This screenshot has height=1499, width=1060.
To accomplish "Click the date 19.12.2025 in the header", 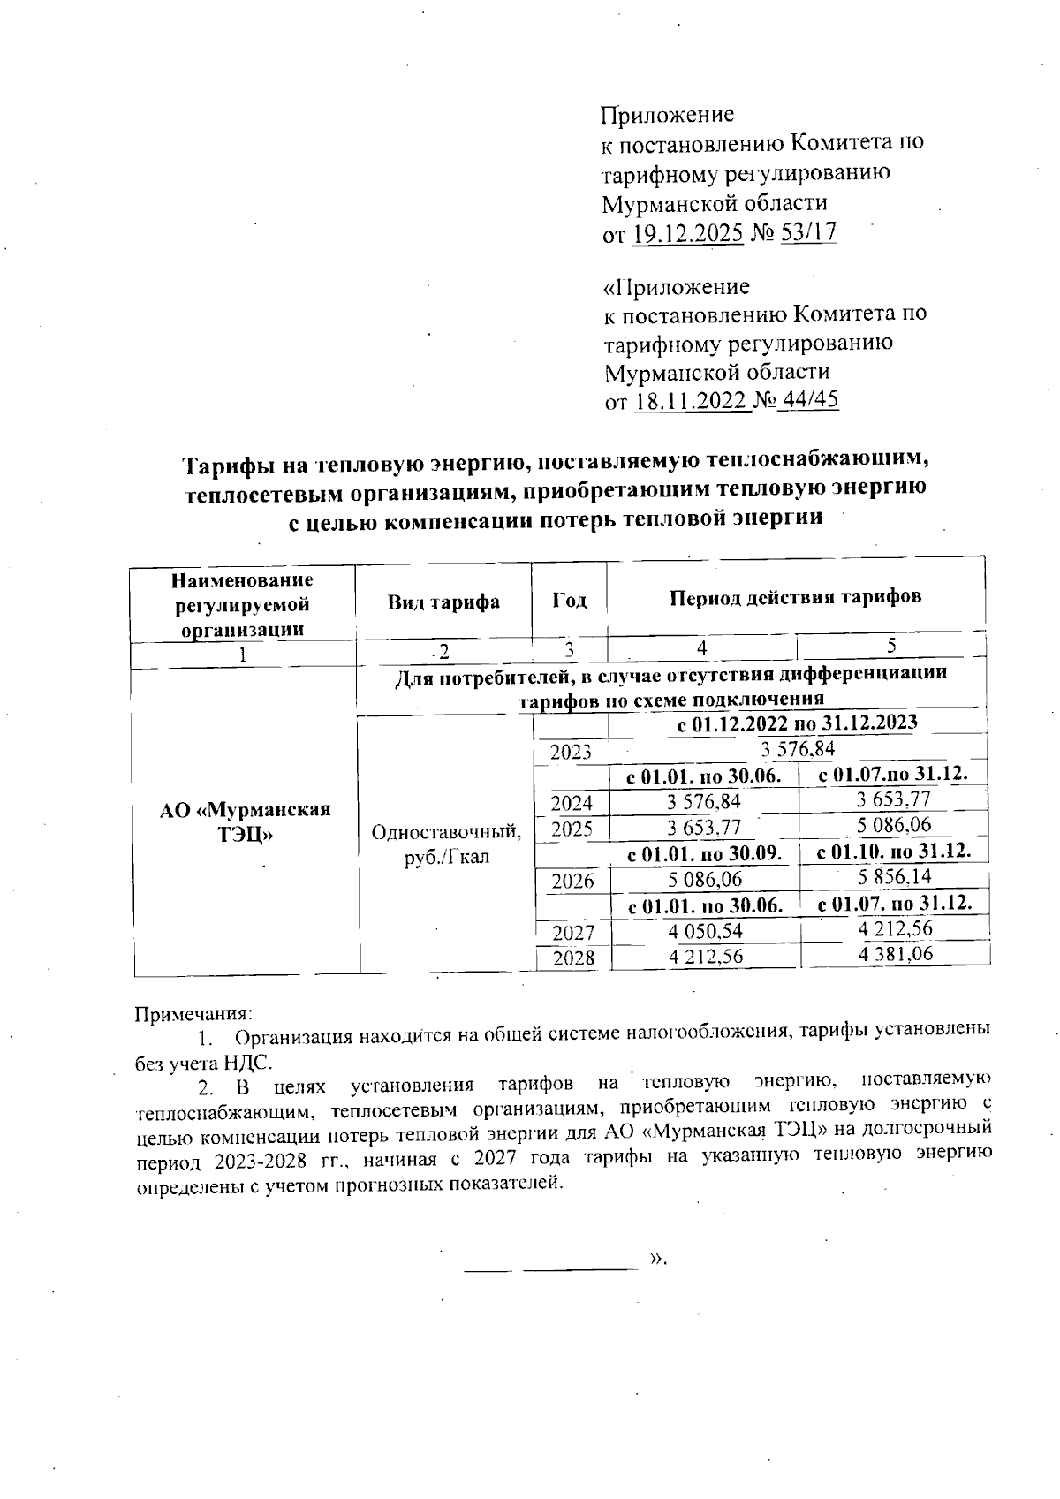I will click(688, 233).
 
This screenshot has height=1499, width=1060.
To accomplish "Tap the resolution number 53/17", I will click(806, 233).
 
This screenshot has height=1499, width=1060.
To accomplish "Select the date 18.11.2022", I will click(691, 402).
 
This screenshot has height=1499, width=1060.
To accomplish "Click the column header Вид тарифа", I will click(443, 602).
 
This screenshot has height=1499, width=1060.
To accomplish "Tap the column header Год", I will click(570, 601).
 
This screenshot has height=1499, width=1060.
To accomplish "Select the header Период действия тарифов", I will click(795, 596).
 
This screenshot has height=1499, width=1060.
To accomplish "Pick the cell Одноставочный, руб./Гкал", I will click(446, 844).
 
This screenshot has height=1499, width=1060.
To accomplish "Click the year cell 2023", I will click(572, 753).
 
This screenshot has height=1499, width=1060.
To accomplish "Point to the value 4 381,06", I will click(895, 954).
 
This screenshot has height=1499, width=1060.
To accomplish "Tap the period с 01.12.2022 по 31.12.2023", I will click(797, 723).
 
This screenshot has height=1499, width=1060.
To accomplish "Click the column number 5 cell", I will click(892, 647).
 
